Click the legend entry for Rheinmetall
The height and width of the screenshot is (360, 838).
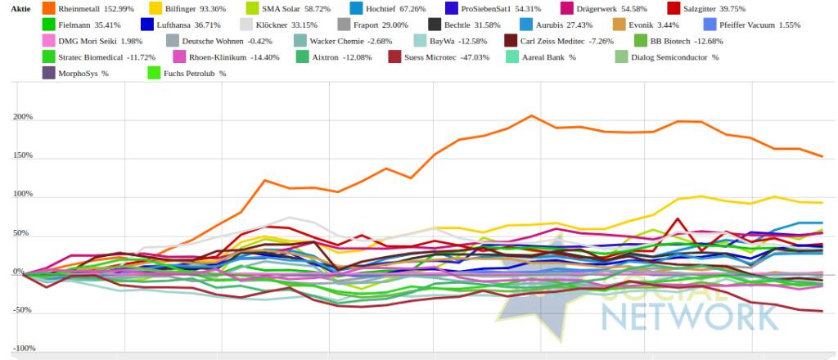click(90, 8)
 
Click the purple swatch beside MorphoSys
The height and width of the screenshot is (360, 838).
click(48, 74)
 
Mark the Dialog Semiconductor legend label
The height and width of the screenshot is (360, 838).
click(674, 57)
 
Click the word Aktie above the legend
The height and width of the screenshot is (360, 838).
click(21, 8)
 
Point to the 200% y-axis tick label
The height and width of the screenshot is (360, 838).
click(22, 117)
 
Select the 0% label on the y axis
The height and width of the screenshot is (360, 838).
click(27, 272)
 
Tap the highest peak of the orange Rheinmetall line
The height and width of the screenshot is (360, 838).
click(531, 115)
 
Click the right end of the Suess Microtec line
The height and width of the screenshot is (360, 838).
click(822, 311)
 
